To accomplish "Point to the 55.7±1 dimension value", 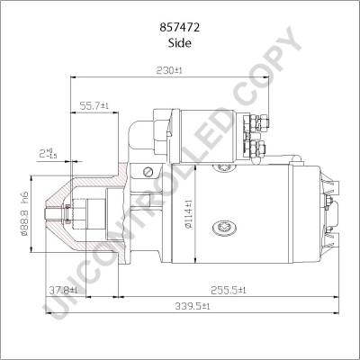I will point(94,105).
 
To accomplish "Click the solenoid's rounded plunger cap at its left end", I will point(142,132).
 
